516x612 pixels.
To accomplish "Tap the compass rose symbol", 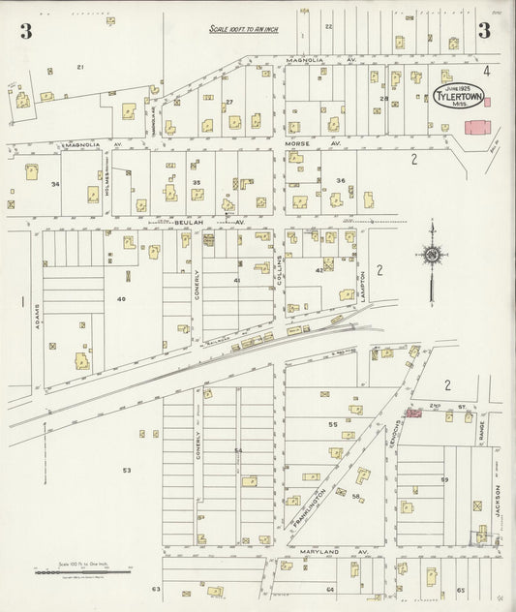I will [431, 255].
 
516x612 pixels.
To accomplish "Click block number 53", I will [126, 470].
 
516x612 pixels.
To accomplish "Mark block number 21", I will [80, 67].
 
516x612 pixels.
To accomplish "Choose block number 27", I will [229, 102].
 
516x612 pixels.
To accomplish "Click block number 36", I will [340, 181].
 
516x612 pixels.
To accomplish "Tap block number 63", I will [155, 588].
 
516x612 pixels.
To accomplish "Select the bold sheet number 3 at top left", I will [24, 31].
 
